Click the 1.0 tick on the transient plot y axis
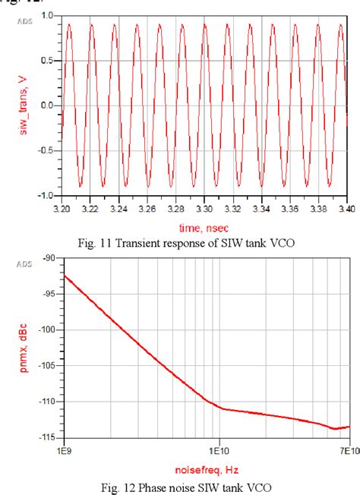click(x=47, y=15)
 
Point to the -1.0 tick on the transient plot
click(x=46, y=195)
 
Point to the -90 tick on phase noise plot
click(x=50, y=258)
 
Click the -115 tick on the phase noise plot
click(x=49, y=437)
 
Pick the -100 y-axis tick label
click(x=49, y=329)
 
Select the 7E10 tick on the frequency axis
click(x=348, y=449)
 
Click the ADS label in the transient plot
click(x=24, y=21)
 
